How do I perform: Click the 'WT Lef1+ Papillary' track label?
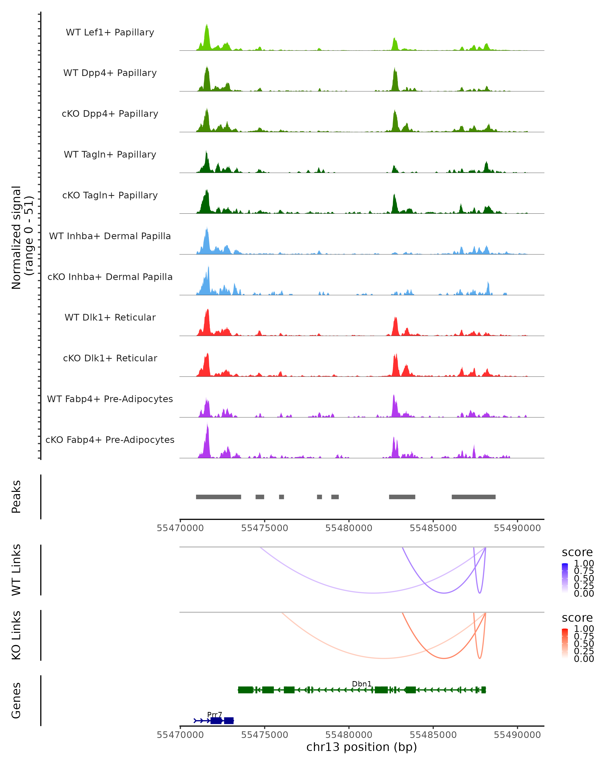pos(110,33)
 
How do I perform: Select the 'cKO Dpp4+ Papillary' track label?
pos(110,114)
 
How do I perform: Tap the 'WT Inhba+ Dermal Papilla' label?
pos(110,236)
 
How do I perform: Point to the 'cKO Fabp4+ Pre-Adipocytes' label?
pos(110,440)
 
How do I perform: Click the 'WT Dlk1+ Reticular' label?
pos(110,317)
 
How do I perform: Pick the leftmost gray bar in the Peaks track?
pos(219,497)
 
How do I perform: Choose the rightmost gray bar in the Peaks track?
pos(473,497)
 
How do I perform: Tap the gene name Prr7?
pos(215,715)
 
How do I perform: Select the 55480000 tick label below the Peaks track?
pos(349,528)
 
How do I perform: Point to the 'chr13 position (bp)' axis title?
pos(362,747)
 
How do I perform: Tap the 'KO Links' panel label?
pos(16,635)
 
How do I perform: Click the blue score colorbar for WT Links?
pos(565,578)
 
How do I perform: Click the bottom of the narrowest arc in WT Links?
pos(480,593)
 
